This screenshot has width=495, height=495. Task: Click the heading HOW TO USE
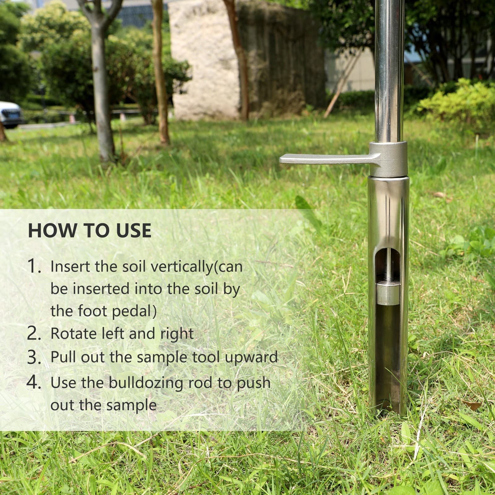[90, 230]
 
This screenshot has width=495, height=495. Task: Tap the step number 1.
[34, 266]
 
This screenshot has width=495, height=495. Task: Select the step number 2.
[34, 334]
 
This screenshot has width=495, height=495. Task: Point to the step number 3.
[34, 357]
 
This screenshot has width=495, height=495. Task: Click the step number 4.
[34, 383]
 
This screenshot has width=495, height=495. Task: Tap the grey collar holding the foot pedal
[388, 159]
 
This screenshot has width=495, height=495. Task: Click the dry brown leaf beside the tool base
[472, 405]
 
